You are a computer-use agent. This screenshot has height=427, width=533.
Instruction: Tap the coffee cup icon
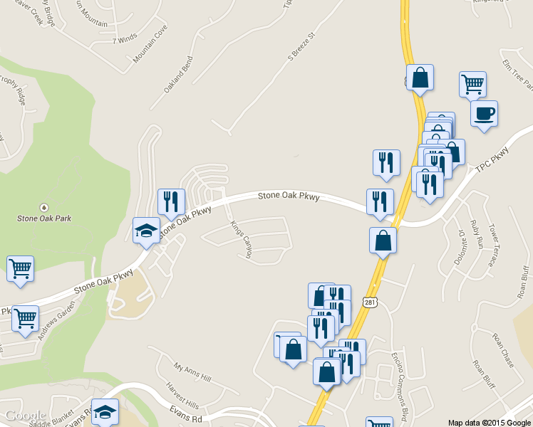[484, 114]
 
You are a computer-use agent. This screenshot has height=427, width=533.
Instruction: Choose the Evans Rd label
[187, 413]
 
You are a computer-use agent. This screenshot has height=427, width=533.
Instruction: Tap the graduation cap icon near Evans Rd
[105, 411]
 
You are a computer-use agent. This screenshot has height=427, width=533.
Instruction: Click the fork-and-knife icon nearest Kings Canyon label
[171, 202]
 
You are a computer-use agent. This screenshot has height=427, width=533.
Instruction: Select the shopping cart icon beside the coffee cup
[472, 85]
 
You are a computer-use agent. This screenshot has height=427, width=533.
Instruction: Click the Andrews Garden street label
[56, 320]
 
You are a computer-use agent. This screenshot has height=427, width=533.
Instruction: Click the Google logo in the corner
[25, 416]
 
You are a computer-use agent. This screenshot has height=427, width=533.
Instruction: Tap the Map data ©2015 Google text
[489, 422]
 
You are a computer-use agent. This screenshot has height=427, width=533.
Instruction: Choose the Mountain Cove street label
[150, 43]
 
